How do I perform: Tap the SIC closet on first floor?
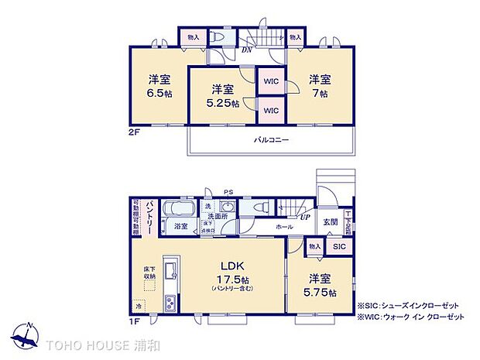(x=339, y=245)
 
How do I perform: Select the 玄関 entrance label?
(x=331, y=222)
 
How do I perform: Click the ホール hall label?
(x=284, y=228)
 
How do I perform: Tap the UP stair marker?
(x=307, y=218)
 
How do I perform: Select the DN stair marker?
(x=247, y=50)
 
